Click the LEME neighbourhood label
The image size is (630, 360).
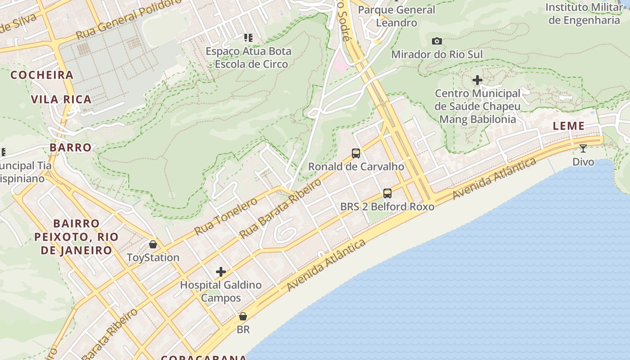coord(569,126)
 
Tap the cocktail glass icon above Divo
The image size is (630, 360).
coord(583,148)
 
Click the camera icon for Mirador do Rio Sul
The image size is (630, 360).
coord(436,41)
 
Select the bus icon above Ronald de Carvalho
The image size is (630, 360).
coord(356,153)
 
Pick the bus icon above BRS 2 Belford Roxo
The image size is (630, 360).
coord(387,193)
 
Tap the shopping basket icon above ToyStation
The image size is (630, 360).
coord(153,244)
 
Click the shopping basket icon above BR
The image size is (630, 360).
coord(243,316)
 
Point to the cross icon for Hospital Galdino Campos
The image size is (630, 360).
coord(221,272)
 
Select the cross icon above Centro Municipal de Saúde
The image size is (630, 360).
coord(477,81)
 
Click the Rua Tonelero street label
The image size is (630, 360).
coord(226,216)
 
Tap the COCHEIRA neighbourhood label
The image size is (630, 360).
coord(42,75)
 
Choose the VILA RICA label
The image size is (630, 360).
coord(61,99)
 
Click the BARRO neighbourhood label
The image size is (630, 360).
coord(71,148)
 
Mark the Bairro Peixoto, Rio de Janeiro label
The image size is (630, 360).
coord(76,237)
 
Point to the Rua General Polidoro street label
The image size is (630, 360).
coord(129,19)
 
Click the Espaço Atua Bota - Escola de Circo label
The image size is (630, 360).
coord(248,58)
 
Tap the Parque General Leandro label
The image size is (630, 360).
coord(396,16)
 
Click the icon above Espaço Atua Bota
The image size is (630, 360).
coord(248,37)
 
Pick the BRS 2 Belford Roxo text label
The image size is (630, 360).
coord(387,207)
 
